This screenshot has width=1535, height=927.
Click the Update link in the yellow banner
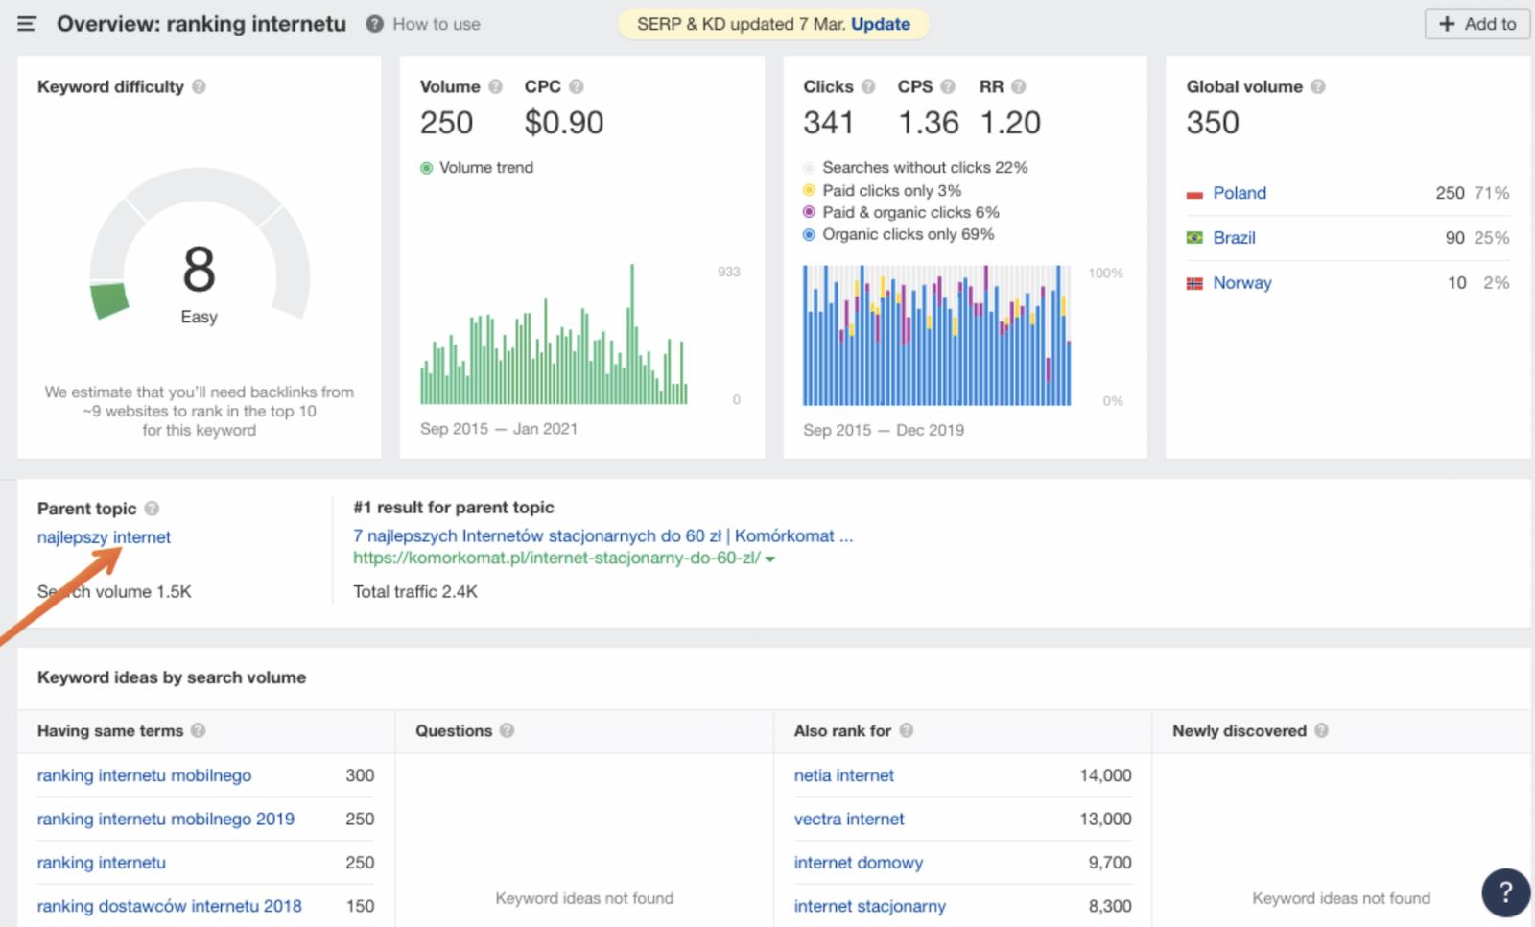880,24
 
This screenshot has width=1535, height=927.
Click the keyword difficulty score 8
199,270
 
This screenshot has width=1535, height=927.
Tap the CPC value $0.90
563,123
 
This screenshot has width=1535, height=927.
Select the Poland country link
1239,193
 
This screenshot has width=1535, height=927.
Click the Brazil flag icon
1194,237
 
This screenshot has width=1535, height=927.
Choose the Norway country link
1241,283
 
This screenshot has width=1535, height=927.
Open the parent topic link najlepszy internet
104,537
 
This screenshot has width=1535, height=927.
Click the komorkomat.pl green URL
556,558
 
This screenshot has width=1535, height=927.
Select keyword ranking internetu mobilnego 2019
165,819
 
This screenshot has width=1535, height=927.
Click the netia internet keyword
843,775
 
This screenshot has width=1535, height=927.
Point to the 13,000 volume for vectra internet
1105,819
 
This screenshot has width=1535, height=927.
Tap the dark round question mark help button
1505,891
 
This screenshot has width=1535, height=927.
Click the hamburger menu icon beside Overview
27,24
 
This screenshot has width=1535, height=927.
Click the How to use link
436,24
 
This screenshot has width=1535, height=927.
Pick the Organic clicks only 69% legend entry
907,234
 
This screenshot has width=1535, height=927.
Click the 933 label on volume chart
728,272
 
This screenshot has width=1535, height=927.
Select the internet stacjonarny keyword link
869,906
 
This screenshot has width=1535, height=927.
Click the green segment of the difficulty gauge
109,300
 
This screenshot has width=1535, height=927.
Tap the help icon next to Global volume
1317,86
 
